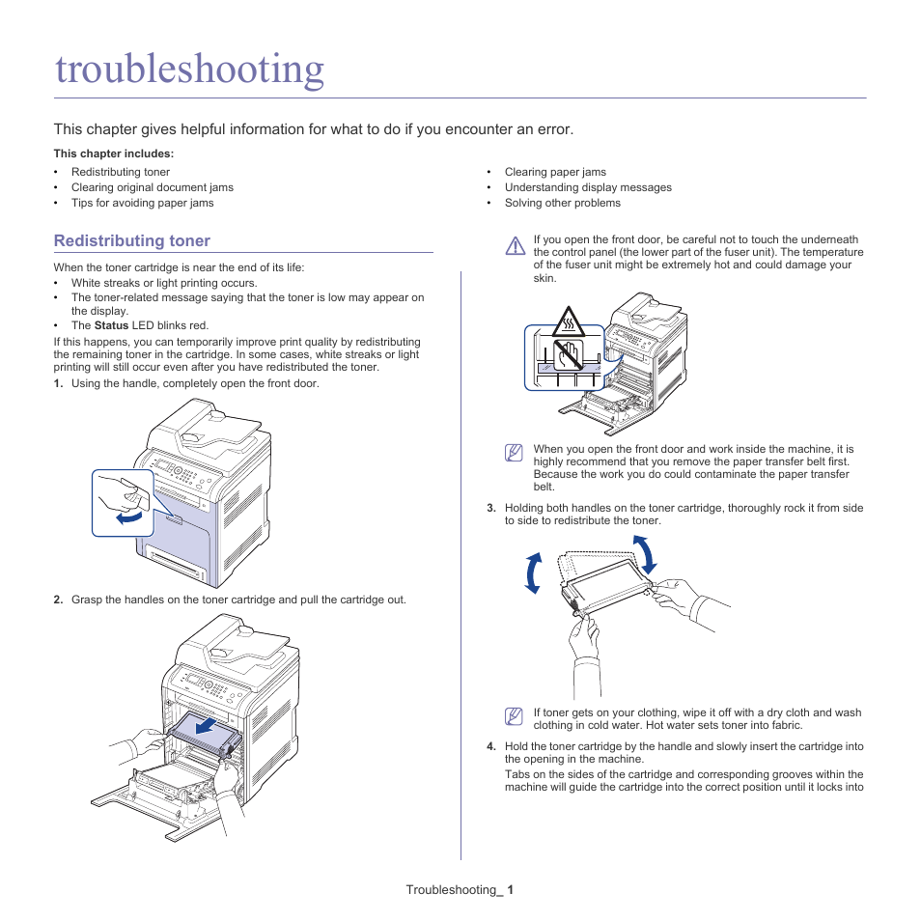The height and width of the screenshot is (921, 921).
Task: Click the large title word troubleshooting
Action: tap(189, 70)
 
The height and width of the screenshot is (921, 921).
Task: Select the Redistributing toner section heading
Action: tap(131, 240)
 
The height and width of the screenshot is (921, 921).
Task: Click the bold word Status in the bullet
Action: tap(111, 325)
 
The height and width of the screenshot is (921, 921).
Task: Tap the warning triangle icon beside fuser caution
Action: tap(515, 246)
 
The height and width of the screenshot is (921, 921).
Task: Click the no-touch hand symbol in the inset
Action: tap(569, 353)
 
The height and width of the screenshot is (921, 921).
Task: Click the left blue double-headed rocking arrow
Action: tap(532, 574)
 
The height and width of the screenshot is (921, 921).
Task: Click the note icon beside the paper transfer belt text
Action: tap(515, 452)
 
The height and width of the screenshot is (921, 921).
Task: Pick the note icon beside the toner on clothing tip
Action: tap(515, 716)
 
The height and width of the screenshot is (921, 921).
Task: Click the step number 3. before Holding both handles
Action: tap(490, 508)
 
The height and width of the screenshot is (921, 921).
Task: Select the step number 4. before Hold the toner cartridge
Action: tap(490, 746)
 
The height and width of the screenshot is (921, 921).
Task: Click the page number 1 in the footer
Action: tap(511, 889)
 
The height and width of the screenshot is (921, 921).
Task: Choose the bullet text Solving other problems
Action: tap(562, 203)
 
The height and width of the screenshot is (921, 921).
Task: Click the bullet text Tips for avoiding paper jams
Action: tap(142, 203)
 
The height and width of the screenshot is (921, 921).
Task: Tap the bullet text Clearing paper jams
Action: tap(555, 172)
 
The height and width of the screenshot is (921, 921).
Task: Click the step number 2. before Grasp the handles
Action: tap(58, 600)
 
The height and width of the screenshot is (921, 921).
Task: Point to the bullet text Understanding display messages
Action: tap(587, 187)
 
